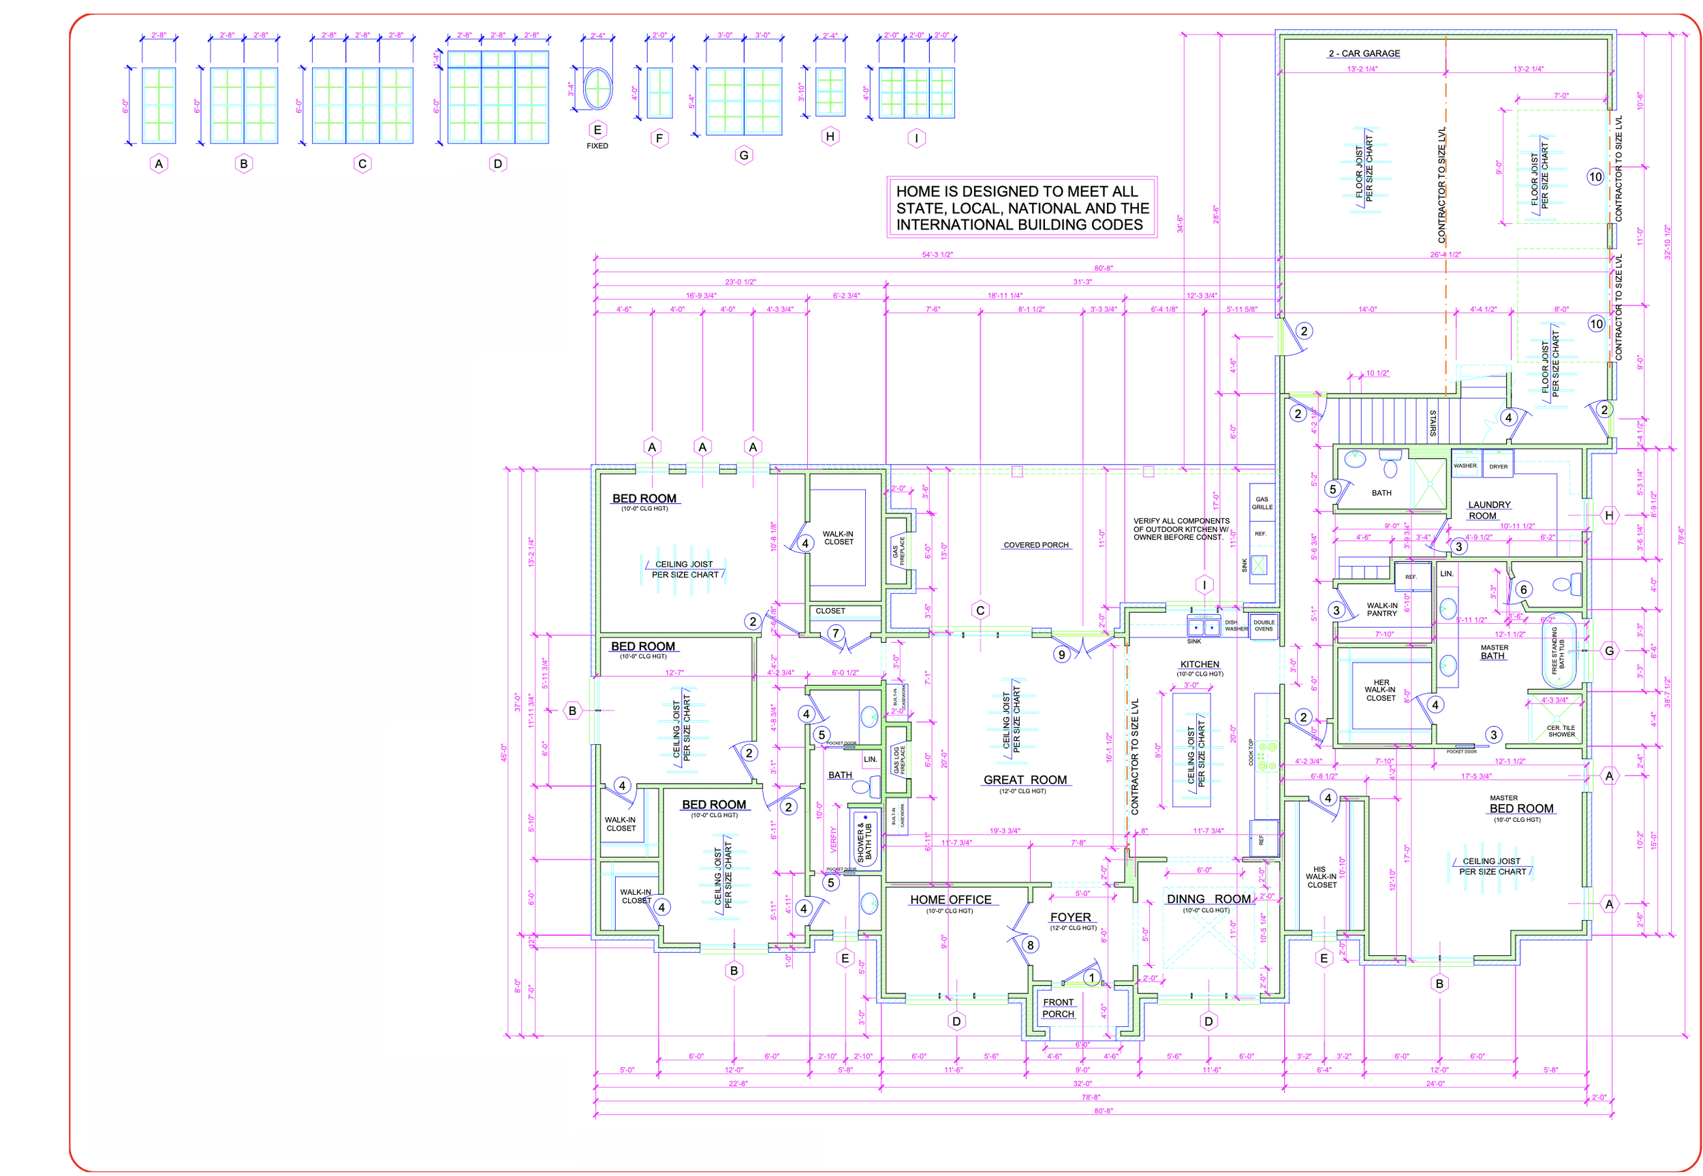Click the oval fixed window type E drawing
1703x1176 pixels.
(597, 89)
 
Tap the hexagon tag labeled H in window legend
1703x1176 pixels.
(830, 136)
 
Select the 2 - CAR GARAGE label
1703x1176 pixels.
(1363, 54)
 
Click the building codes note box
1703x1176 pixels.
(1021, 208)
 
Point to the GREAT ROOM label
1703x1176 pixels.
(1025, 780)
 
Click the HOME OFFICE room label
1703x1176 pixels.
(950, 900)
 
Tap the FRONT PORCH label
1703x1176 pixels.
(1057, 1008)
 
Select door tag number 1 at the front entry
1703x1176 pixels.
(1091, 978)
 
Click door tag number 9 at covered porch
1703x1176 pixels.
(1061, 654)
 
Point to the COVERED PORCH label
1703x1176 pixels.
(1035, 545)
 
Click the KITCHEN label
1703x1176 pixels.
(1199, 665)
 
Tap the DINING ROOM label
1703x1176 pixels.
(1208, 899)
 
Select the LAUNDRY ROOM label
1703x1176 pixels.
(1488, 510)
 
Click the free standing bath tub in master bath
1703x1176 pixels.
(1558, 650)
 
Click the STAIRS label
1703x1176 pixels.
(1433, 423)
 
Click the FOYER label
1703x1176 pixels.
(1070, 917)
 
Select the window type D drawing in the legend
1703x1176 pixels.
(497, 97)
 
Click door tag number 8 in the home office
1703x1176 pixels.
(1029, 945)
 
